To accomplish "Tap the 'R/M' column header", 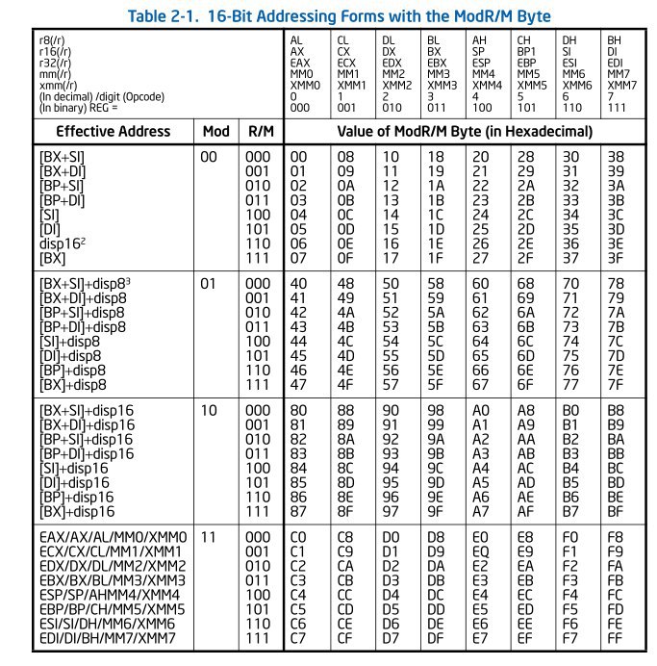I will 256,131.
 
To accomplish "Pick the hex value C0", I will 299,534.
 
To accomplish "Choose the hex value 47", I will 299,384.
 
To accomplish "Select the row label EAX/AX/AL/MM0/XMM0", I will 113,534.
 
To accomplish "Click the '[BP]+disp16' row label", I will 76,497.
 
